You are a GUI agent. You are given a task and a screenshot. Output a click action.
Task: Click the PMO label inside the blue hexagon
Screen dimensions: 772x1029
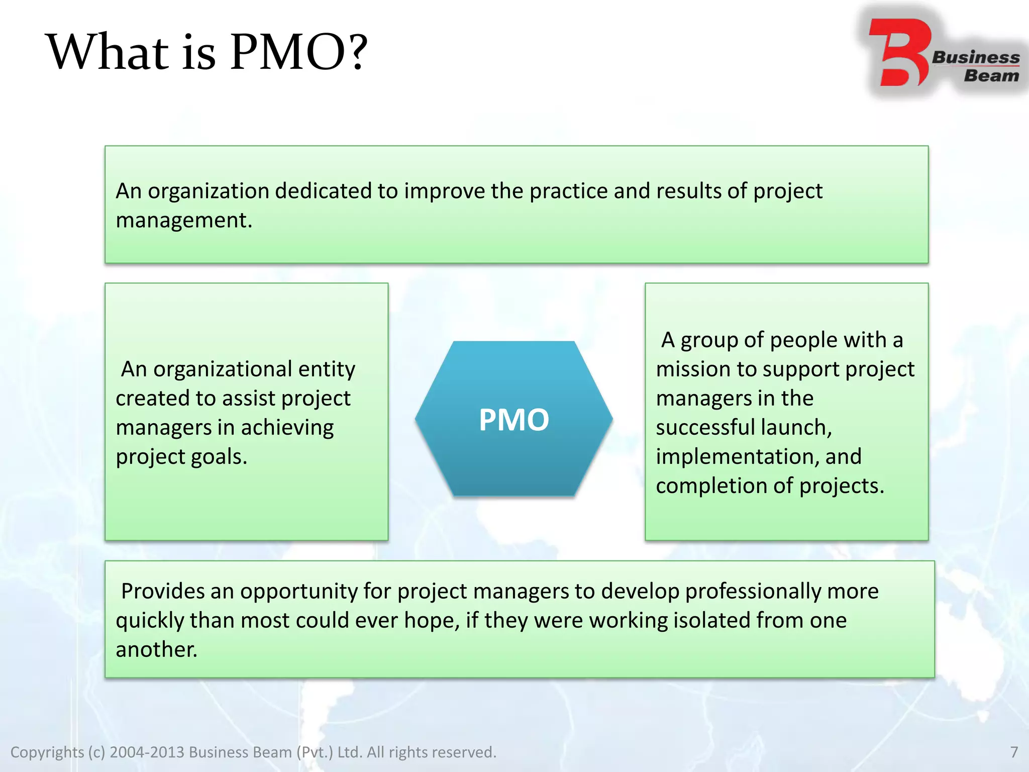pos(513,420)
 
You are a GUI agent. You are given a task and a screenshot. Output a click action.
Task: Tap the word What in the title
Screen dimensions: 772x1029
pos(108,52)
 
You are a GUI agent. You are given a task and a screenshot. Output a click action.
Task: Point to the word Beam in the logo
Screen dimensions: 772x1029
pos(991,76)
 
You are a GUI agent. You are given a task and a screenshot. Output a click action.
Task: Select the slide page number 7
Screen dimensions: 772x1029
pos(1014,752)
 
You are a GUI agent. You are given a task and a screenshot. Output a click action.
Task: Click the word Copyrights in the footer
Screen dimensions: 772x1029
pos(47,752)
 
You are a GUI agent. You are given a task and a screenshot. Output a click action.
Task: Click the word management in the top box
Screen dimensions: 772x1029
pos(183,221)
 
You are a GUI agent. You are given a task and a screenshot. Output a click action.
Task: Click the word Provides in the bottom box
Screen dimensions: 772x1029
pos(162,592)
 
